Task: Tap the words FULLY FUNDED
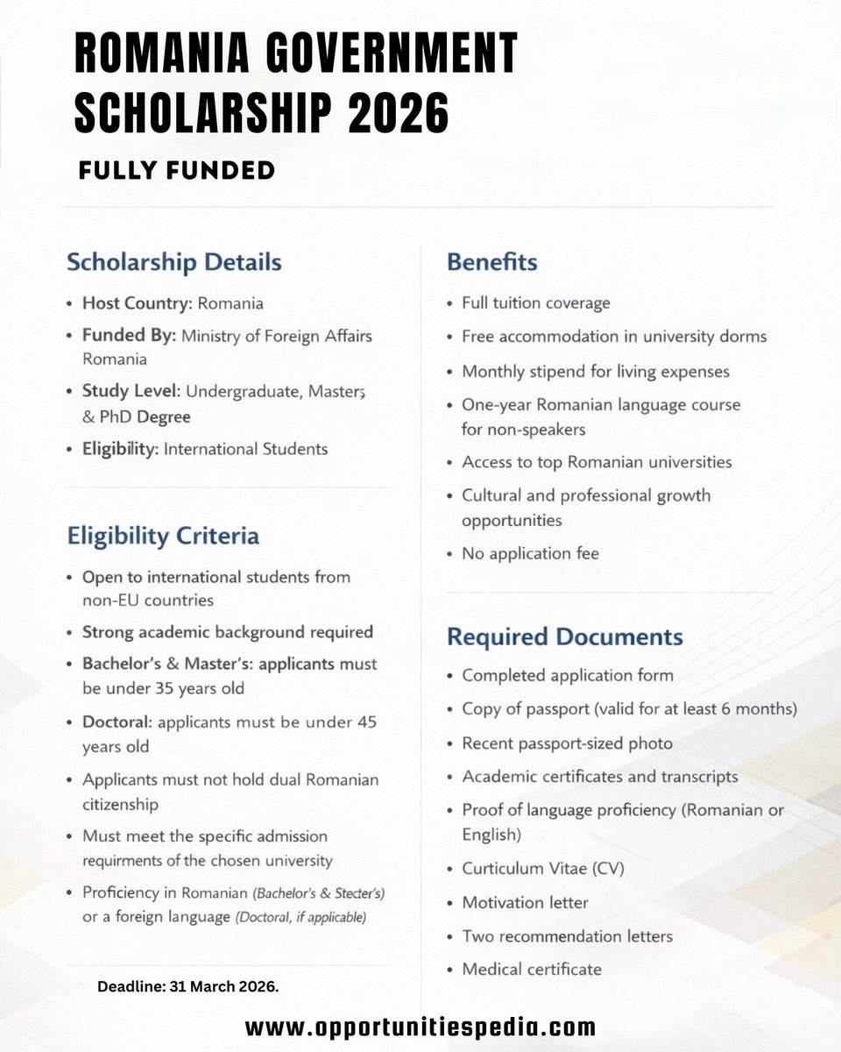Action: pos(177,170)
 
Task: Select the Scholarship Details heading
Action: pos(174,262)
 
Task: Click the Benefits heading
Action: pos(491,262)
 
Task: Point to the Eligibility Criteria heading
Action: pos(163,536)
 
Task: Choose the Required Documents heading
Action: pos(564,636)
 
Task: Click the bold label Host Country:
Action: pos(137,303)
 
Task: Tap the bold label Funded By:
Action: pos(129,336)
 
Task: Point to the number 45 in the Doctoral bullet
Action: pos(368,723)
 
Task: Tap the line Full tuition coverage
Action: pos(535,303)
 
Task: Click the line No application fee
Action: pos(530,553)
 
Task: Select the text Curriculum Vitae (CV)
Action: pos(543,869)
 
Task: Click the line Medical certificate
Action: pos(531,969)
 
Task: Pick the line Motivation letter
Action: pos(525,902)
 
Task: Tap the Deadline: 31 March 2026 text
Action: pos(188,987)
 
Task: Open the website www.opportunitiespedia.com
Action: pos(420,1027)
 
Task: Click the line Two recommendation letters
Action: pos(567,936)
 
